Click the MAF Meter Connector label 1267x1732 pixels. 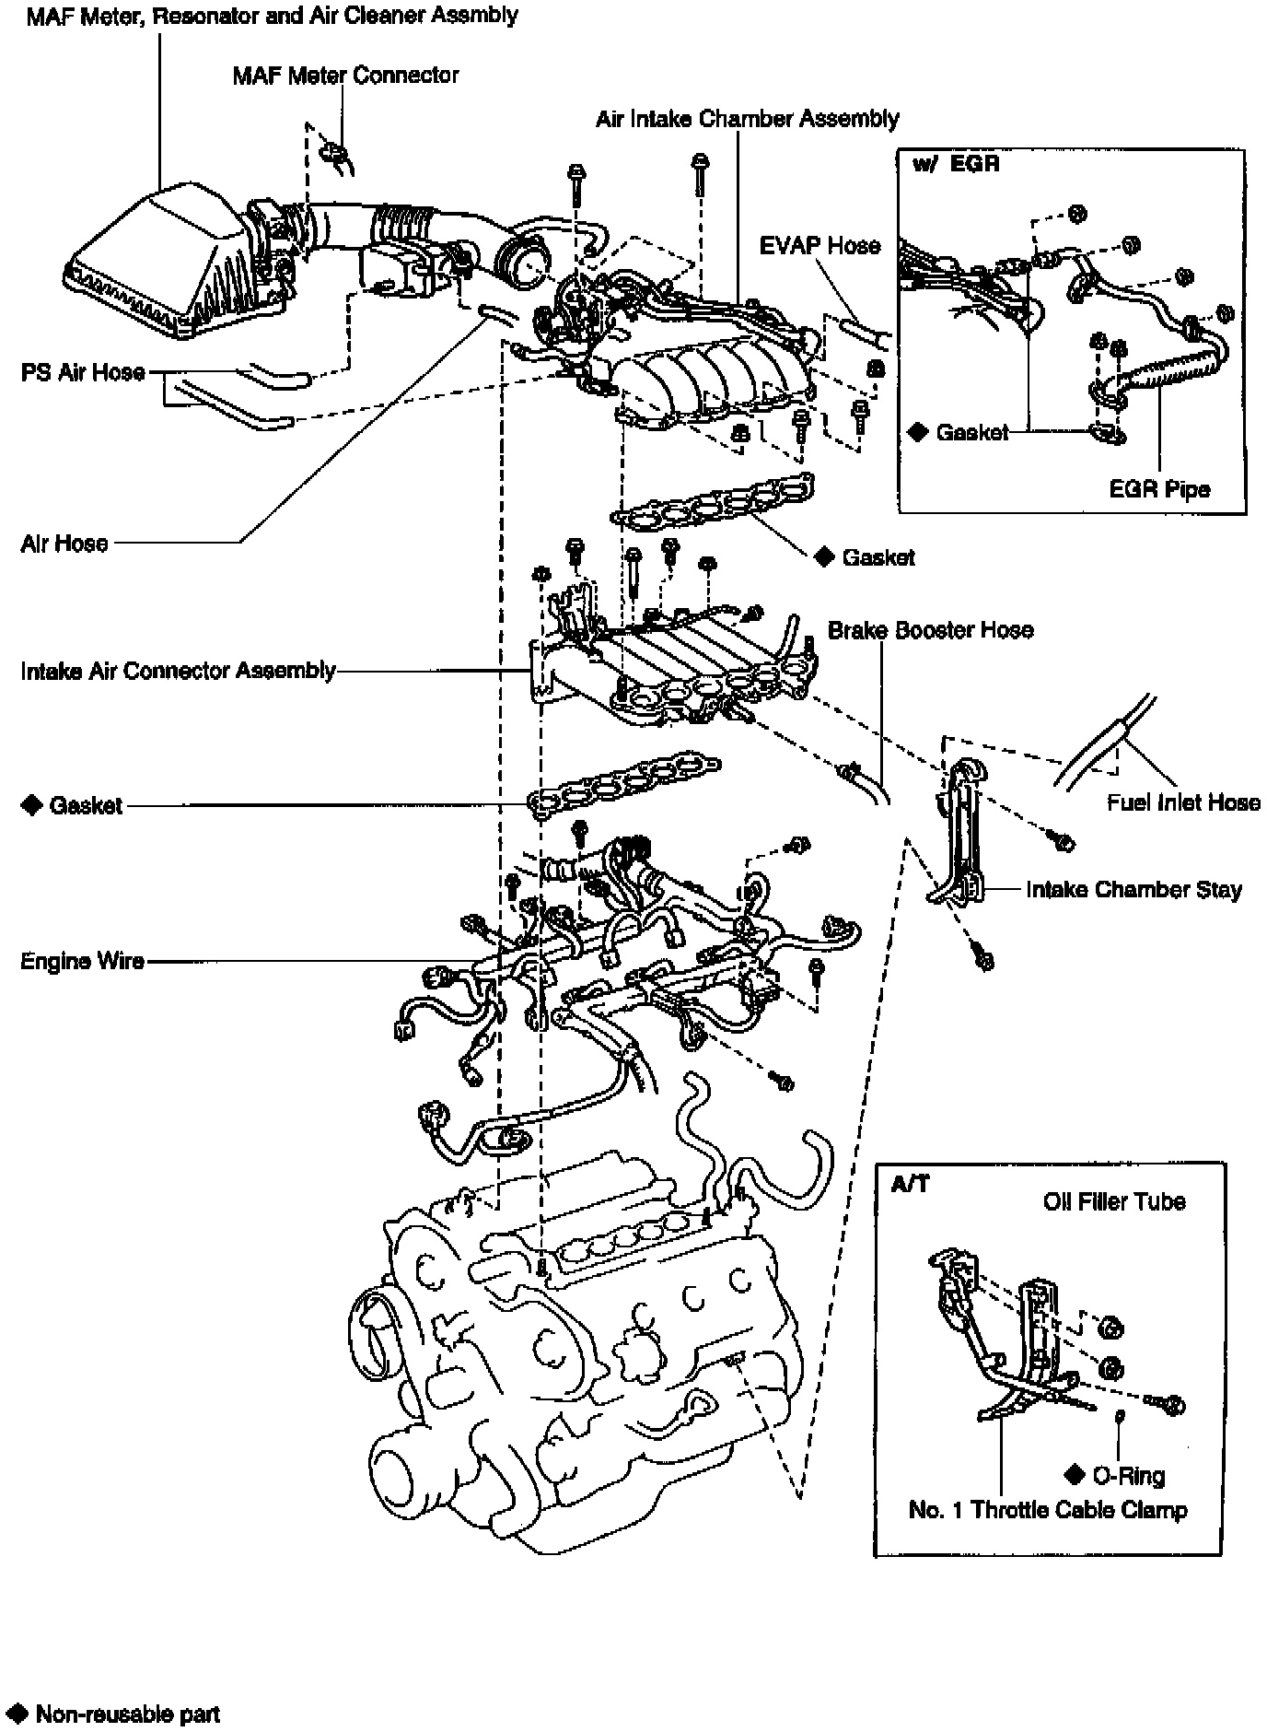(x=345, y=75)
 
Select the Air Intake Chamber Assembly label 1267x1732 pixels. (x=747, y=119)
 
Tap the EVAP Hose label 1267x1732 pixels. (x=819, y=246)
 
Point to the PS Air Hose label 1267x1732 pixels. (x=83, y=372)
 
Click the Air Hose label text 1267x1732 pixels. (x=64, y=543)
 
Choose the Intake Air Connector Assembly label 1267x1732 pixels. (x=178, y=670)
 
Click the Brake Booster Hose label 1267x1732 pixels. (x=930, y=630)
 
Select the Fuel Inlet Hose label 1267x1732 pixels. (x=1183, y=802)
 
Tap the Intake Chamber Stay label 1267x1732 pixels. (x=1133, y=890)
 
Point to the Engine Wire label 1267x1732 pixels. (x=82, y=962)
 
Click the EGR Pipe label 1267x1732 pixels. (x=1159, y=489)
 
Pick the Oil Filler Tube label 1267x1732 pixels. (x=1114, y=1201)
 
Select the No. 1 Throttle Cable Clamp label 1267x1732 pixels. (x=1048, y=1510)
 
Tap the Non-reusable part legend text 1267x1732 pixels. (x=127, y=1714)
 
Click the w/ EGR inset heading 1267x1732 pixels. (x=956, y=165)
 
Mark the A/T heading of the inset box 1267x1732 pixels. (x=910, y=1184)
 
